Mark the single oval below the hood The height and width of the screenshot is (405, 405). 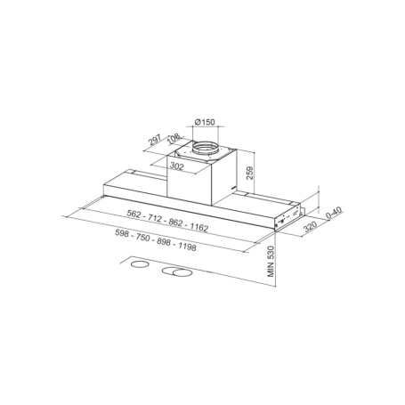(136, 264)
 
